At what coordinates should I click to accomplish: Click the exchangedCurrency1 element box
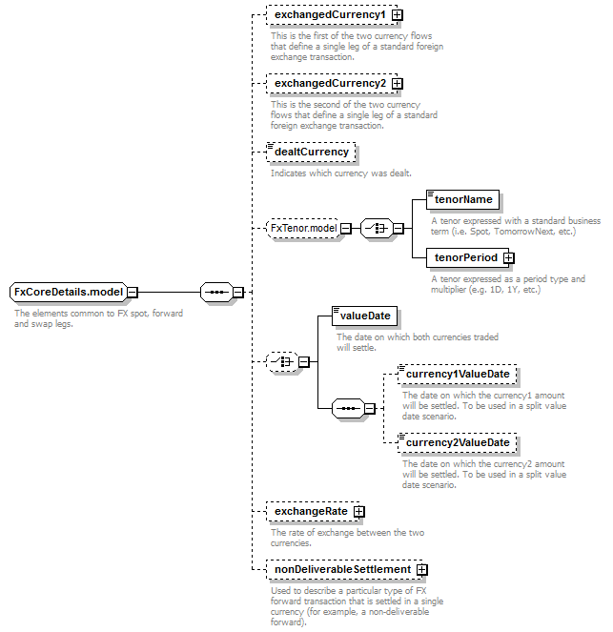[332, 15]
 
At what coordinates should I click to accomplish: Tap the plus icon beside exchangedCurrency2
[398, 84]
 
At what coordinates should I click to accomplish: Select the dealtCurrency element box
[311, 153]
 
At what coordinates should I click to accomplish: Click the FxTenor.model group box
[303, 229]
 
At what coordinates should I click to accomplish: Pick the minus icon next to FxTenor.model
[346, 229]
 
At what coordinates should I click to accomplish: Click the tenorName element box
[462, 200]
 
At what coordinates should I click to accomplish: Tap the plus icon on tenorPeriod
[509, 258]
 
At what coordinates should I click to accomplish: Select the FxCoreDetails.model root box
[68, 293]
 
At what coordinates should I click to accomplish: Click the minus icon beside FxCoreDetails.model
[133, 293]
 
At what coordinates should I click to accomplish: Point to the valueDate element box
[364, 316]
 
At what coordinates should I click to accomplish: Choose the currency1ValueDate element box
[457, 375]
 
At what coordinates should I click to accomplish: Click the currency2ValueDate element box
[457, 443]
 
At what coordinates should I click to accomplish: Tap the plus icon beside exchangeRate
[359, 512]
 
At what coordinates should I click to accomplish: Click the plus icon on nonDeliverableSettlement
[422, 570]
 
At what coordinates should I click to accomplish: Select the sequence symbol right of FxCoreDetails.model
[216, 293]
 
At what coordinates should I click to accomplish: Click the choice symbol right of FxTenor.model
[377, 229]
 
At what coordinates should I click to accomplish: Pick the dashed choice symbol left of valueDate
[282, 362]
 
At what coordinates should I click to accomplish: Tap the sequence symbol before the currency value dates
[348, 409]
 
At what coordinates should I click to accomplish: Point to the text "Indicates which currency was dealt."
[341, 173]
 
